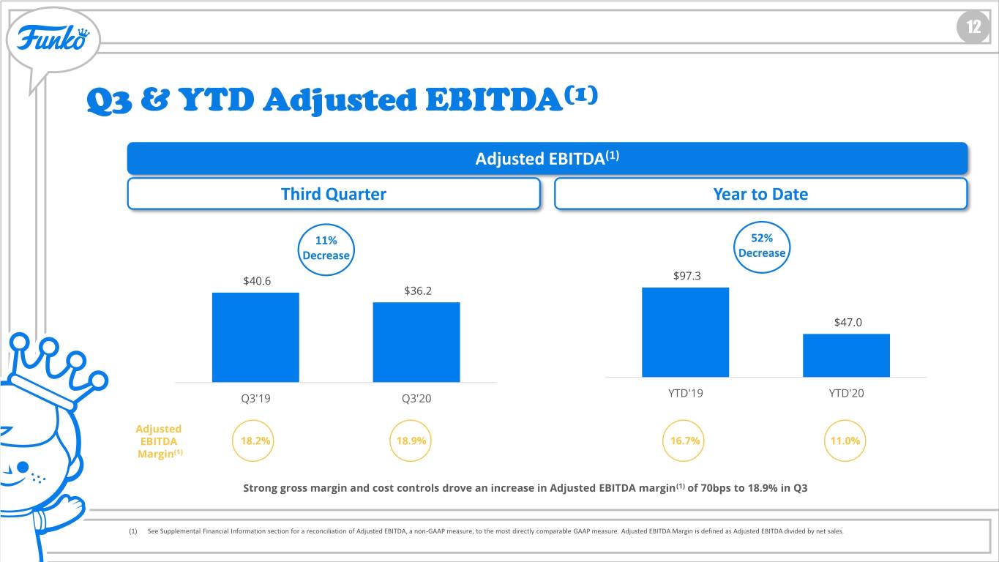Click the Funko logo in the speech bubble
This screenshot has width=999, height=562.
tap(53, 38)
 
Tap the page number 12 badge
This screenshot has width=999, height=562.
tap(973, 27)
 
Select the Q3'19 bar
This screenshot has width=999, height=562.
tap(255, 337)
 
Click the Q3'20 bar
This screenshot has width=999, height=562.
tap(416, 342)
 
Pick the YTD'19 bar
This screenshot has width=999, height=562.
tap(686, 332)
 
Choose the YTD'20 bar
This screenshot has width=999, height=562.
tap(847, 356)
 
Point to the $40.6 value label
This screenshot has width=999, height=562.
tap(257, 281)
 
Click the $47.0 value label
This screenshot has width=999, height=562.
tap(848, 322)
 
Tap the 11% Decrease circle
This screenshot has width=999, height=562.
tap(326, 225)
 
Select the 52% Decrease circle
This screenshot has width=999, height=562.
tap(762, 222)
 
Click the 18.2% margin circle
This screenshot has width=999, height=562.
tap(253, 421)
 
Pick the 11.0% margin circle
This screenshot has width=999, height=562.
tap(845, 421)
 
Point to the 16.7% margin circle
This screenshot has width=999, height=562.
tap(684, 421)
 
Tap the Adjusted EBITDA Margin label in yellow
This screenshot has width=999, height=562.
tap(159, 441)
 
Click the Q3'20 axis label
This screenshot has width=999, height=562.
tap(416, 398)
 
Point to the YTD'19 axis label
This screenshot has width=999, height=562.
tap(686, 393)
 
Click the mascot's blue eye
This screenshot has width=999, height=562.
tap(23, 467)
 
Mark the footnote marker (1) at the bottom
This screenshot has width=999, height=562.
tap(133, 531)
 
